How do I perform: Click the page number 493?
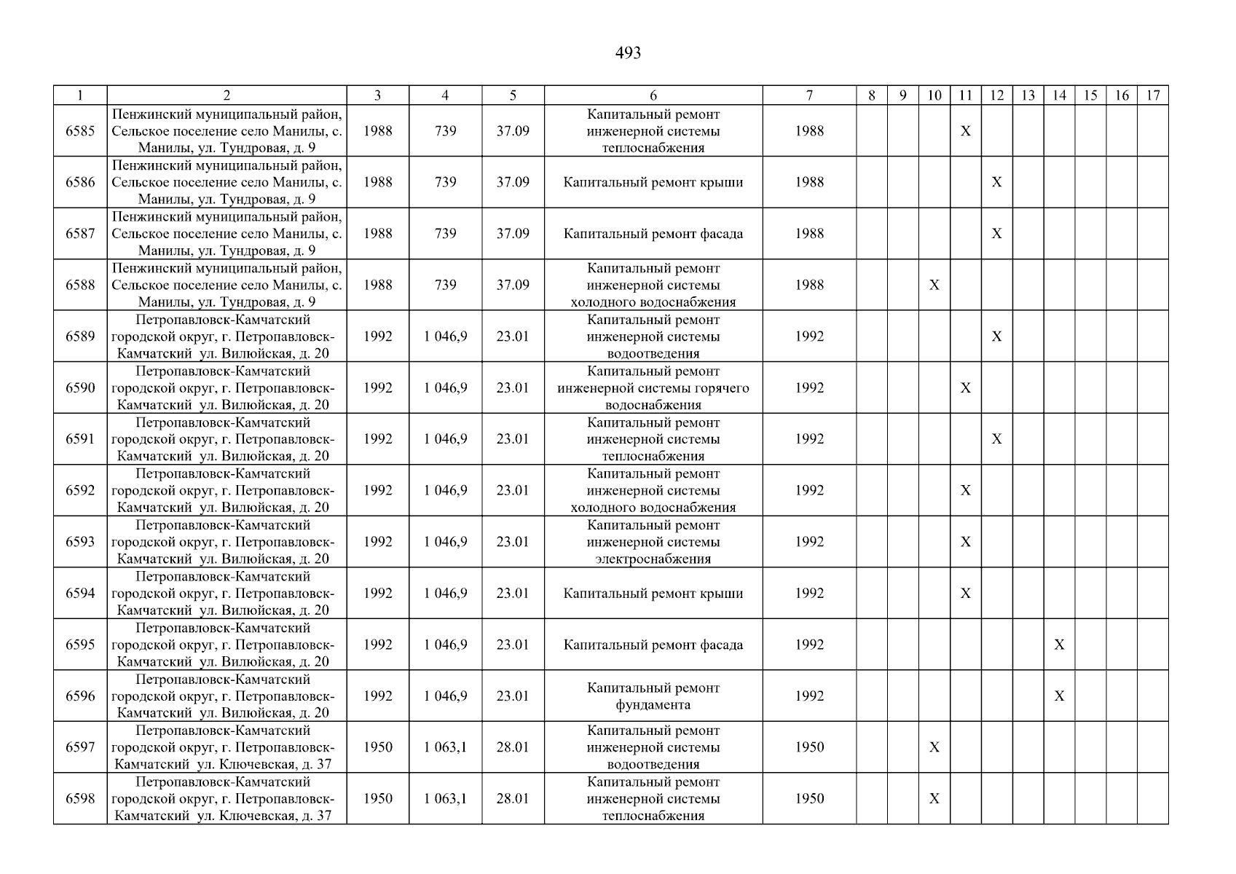point(628,53)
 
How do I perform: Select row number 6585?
point(80,131)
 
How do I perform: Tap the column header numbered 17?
point(1152,95)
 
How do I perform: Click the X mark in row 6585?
point(965,131)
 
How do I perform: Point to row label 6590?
point(80,388)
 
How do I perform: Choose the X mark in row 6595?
point(1059,645)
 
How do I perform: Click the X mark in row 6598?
point(934,799)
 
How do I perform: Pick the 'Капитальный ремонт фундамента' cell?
point(653,696)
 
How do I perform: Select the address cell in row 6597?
point(227,747)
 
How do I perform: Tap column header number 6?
point(653,95)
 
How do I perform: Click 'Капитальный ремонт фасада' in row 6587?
point(653,234)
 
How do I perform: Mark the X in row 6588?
point(934,285)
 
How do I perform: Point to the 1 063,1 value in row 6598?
point(445,799)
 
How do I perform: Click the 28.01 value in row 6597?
point(513,747)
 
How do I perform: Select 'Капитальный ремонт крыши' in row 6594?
point(653,594)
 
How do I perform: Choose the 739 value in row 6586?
point(445,182)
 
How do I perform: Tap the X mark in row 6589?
point(996,336)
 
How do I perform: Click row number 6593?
point(80,542)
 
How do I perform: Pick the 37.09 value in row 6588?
point(513,285)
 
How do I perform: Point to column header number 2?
point(227,95)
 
